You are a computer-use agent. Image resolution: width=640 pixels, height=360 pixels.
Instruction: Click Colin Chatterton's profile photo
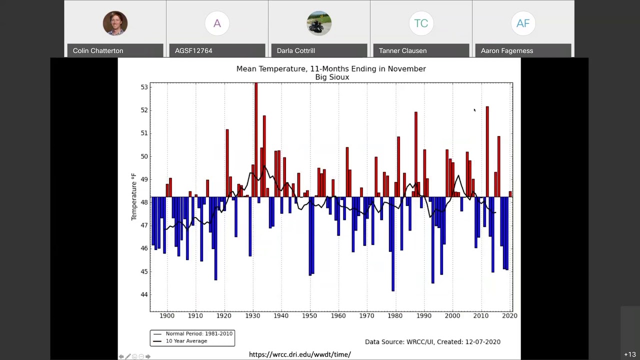[x=115, y=23]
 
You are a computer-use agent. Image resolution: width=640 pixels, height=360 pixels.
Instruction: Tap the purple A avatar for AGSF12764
[x=217, y=23]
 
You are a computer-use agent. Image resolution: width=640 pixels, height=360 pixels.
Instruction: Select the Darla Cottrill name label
[x=296, y=50]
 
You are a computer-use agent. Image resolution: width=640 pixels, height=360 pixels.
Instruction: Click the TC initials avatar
[x=421, y=23]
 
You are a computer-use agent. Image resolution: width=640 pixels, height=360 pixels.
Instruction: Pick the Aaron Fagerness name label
[x=507, y=50]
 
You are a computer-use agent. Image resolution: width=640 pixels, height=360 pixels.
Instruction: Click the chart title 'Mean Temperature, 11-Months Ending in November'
[x=331, y=68]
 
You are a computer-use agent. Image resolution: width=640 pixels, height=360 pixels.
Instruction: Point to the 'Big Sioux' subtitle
[x=332, y=77]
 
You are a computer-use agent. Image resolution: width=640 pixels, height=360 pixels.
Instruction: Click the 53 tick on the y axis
[x=144, y=87]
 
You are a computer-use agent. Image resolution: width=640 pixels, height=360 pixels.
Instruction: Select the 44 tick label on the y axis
[x=144, y=294]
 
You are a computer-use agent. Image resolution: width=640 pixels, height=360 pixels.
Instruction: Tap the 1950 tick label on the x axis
[x=310, y=315]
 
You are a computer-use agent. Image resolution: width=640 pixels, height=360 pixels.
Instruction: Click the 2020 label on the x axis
[x=509, y=315]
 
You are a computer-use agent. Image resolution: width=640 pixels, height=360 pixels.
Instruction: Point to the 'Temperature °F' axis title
[x=133, y=197]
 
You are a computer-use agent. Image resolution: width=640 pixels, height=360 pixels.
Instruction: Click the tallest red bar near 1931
[x=256, y=140]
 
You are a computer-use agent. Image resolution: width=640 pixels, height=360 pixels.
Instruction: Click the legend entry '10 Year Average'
[x=186, y=341]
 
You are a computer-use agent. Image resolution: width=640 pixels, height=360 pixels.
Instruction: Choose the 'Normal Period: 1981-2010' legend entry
[x=199, y=333]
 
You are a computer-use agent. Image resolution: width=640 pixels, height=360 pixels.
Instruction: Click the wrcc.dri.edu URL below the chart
[x=300, y=354]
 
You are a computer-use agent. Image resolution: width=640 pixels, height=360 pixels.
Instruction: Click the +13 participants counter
[x=629, y=354]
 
